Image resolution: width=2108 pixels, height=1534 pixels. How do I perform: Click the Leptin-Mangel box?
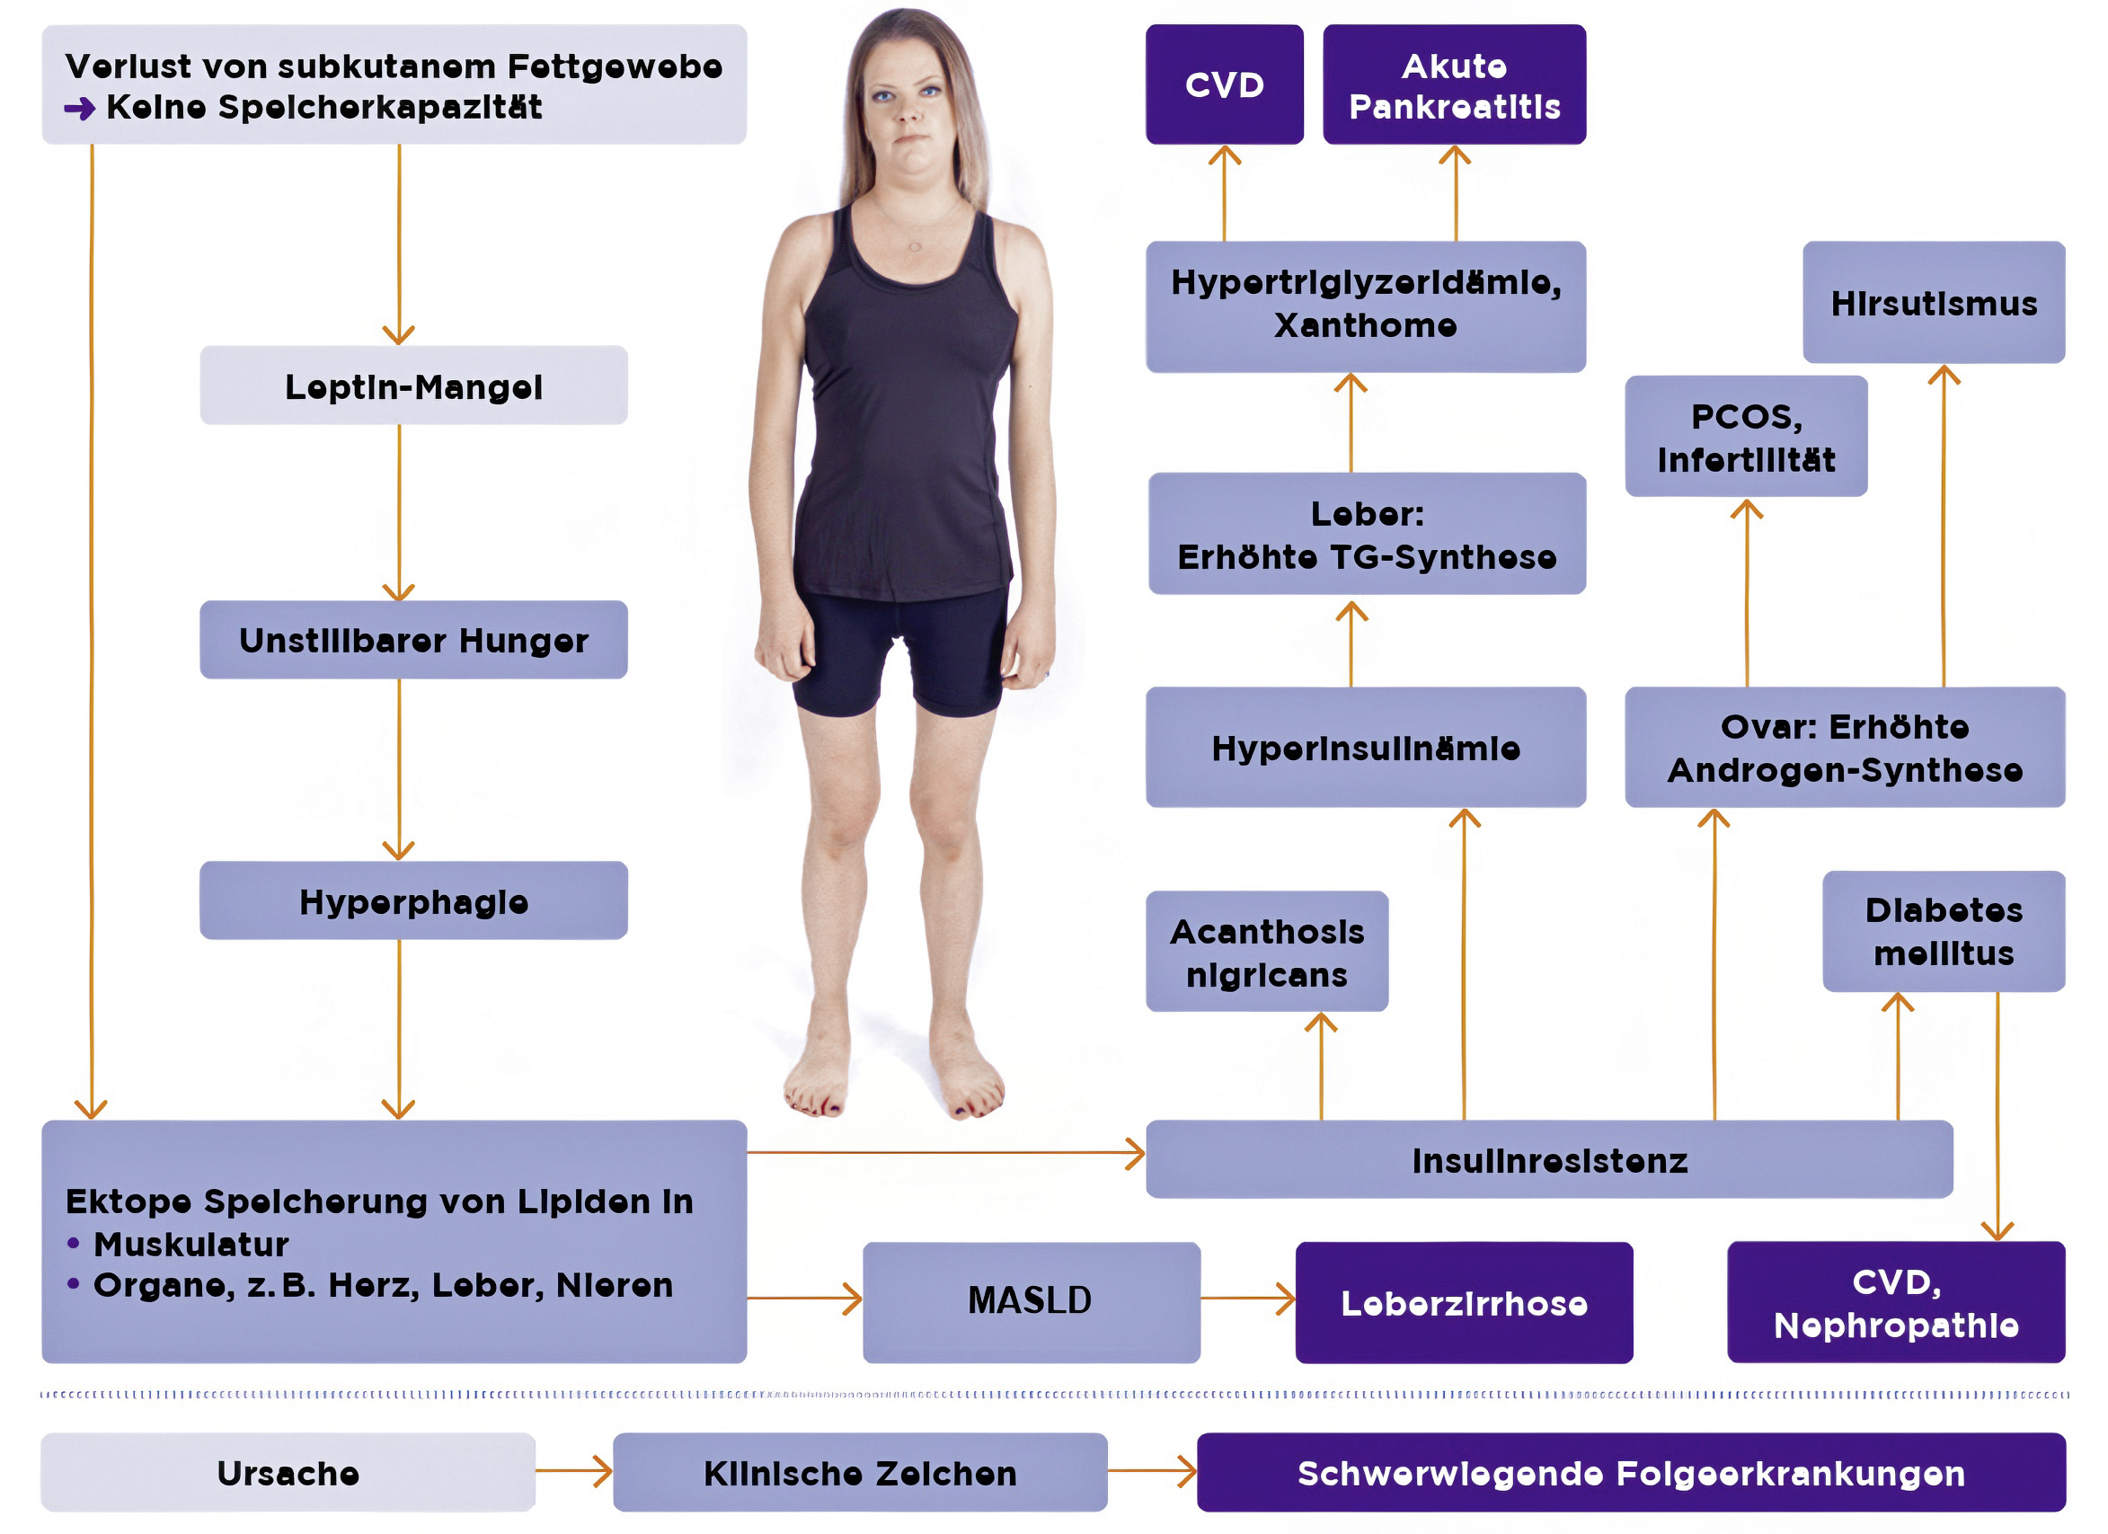click(413, 386)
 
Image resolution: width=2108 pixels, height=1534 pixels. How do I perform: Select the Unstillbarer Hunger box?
click(413, 640)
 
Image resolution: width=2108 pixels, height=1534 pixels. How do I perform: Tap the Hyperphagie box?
click(413, 900)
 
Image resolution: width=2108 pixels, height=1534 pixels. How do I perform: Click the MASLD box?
click(1031, 1302)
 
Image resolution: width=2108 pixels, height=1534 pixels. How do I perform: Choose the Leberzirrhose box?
click(1464, 1302)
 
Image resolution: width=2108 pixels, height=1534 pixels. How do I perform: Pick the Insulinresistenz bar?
click(1549, 1160)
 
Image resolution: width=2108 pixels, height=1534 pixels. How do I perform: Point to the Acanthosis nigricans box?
click(1267, 952)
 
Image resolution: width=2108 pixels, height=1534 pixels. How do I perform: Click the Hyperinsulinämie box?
click(1366, 748)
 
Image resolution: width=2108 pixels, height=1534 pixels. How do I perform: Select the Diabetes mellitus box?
click(1944, 932)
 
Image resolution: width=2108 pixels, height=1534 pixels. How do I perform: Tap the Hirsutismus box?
click(1934, 303)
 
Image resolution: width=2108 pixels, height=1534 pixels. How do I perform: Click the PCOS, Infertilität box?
click(1746, 437)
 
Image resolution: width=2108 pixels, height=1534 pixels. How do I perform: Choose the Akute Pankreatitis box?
click(1454, 85)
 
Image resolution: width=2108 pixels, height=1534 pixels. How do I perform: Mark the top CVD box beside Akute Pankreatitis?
click(1224, 85)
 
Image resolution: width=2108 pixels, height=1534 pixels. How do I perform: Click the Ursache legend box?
click(288, 1473)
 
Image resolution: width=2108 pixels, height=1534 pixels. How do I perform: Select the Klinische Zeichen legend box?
click(860, 1473)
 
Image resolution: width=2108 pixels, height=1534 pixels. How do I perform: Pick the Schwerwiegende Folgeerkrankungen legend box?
click(1631, 1473)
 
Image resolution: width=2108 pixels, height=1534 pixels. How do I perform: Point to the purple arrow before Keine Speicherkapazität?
click(80, 109)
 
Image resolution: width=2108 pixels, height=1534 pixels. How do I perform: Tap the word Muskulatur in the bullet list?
click(190, 1244)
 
